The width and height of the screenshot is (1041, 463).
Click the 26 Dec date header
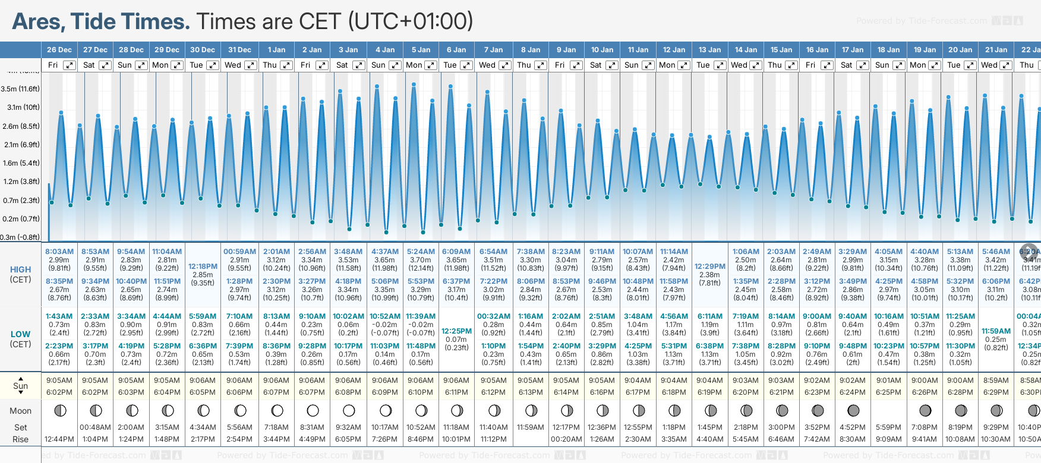pos(59,50)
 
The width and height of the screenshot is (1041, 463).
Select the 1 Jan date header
pos(276,50)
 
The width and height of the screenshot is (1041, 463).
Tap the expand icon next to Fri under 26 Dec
pos(70,65)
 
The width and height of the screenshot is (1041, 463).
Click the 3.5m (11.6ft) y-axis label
pos(20,89)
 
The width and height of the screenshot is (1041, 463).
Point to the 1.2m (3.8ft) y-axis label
pos(20,182)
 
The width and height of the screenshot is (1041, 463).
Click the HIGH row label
pos(21,269)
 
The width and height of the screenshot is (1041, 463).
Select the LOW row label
pos(21,334)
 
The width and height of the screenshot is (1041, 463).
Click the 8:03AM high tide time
pos(59,252)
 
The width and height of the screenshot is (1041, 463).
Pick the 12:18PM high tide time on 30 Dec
pos(203,267)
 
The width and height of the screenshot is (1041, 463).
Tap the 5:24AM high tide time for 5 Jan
pos(421,252)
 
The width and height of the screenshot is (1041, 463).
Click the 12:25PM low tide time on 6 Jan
pos(456,331)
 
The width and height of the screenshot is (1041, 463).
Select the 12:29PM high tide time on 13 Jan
pos(709,267)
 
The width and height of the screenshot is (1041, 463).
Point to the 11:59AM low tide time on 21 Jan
pos(996,331)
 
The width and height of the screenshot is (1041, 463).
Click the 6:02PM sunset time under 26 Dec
pos(59,392)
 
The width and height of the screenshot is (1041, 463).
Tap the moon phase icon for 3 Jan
pos(349,410)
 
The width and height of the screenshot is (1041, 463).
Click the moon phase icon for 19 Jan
pos(925,410)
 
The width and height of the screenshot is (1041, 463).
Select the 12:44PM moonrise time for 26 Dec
pos(59,439)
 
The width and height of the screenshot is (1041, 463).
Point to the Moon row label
pos(21,411)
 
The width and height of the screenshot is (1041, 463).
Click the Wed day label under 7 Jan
pos(487,65)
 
